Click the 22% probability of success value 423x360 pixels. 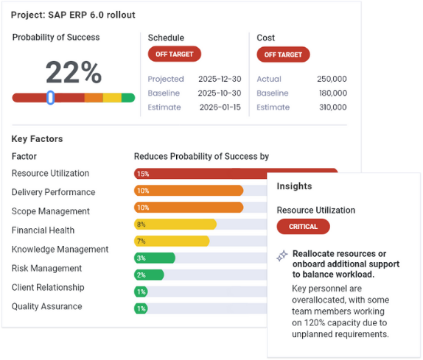74,72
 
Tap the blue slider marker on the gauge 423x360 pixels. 50,97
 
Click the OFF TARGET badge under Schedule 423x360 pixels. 175,54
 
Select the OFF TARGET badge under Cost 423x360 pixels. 283,54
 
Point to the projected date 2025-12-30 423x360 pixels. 220,79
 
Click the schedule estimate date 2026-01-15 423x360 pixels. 220,107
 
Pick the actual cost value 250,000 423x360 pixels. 331,79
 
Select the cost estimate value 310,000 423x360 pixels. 331,107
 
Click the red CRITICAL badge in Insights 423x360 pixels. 303,227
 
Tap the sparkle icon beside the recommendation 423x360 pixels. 282,256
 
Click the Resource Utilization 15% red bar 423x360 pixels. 199,174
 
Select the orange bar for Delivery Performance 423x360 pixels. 189,191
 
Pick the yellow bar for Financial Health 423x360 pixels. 175,224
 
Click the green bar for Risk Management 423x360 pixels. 155,258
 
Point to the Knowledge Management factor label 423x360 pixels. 60,250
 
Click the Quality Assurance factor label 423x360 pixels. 47,306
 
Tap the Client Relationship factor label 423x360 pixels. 48,287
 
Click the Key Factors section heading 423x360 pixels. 37,138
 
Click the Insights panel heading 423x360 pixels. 294,186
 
